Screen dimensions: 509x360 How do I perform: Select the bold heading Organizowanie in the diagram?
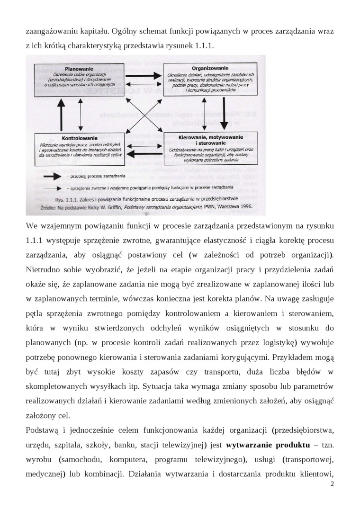click(207, 68)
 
